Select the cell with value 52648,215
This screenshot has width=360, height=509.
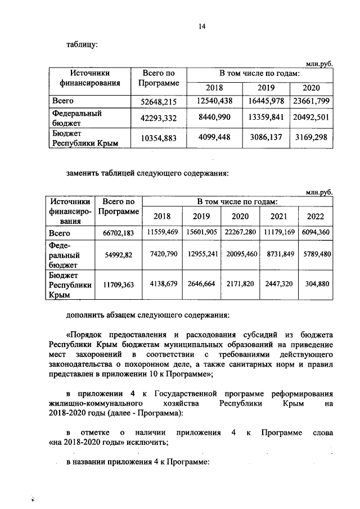[158, 102]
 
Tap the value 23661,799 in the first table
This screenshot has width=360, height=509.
[311, 102]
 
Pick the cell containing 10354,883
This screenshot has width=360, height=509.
[158, 138]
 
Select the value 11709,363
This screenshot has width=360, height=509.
[118, 285]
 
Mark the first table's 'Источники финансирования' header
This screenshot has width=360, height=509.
[89, 78]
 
